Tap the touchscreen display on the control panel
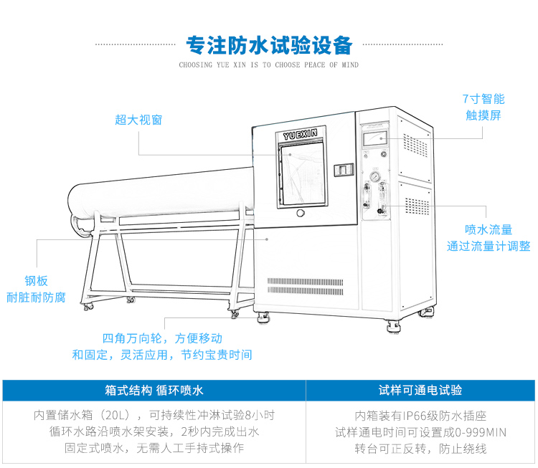[374, 139]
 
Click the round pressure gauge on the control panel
[374, 176]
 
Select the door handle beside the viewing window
[345, 170]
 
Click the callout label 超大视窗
[138, 120]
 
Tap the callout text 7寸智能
[483, 99]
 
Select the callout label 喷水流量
[489, 229]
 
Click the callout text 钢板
[35, 281]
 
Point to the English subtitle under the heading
[269, 65]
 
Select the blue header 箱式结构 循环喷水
[154, 390]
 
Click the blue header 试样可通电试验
[420, 390]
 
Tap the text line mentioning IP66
[420, 415]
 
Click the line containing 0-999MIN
[420, 431]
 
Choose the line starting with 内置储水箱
[154, 415]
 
